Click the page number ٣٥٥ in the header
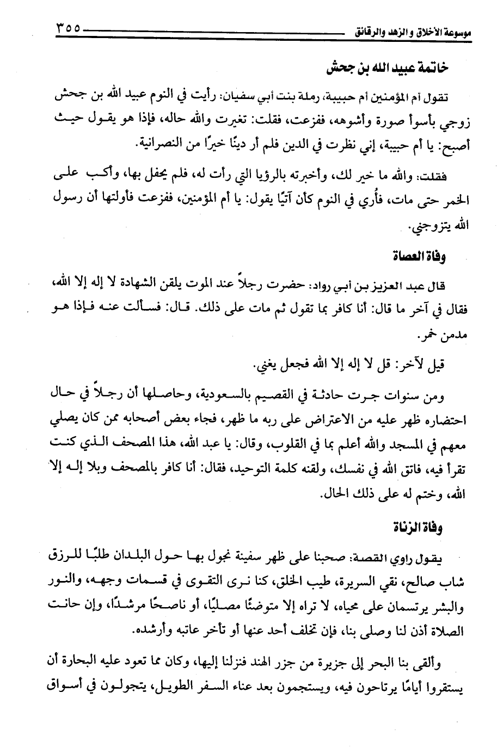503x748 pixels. click(69, 28)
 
